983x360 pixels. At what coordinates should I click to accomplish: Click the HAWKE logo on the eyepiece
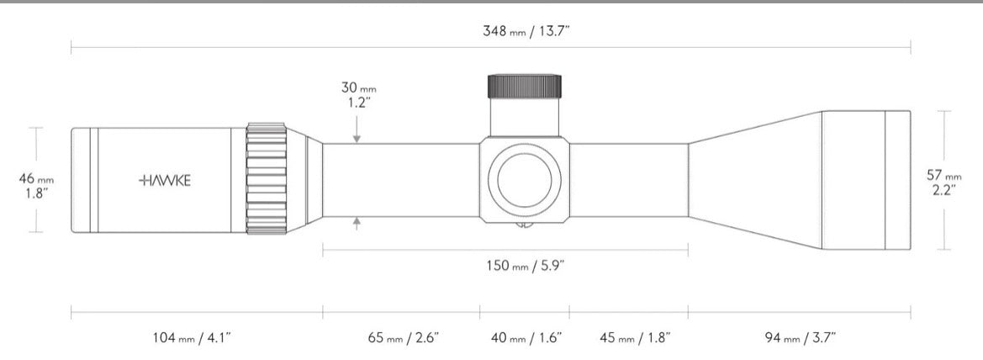(x=165, y=181)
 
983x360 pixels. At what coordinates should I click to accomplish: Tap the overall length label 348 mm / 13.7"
(x=526, y=31)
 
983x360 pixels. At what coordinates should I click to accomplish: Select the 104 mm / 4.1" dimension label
(x=192, y=338)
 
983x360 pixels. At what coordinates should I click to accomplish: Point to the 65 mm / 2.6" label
(x=403, y=338)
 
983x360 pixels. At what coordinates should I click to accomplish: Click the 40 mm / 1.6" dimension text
(x=526, y=338)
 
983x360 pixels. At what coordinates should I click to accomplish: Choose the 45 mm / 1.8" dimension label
(x=635, y=338)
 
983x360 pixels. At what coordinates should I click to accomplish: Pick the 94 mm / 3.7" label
(x=801, y=338)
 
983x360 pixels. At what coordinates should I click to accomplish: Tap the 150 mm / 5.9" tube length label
(x=526, y=265)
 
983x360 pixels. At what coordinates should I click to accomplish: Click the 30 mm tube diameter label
(x=358, y=95)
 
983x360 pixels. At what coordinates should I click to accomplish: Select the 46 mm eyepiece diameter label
(x=36, y=186)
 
